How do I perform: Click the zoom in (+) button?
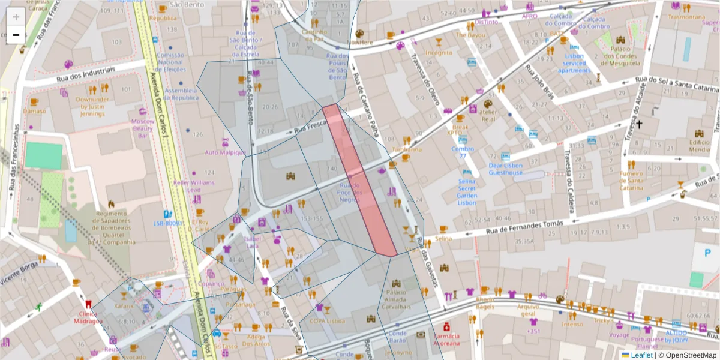coord(16,17)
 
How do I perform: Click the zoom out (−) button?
coord(16,35)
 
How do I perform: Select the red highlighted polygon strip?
coord(359,180)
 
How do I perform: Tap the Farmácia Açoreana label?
coord(447,340)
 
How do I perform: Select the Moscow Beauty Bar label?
coord(143,128)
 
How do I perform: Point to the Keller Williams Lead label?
coord(194,186)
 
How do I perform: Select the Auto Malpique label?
coord(226,152)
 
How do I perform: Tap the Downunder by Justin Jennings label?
coord(92,106)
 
